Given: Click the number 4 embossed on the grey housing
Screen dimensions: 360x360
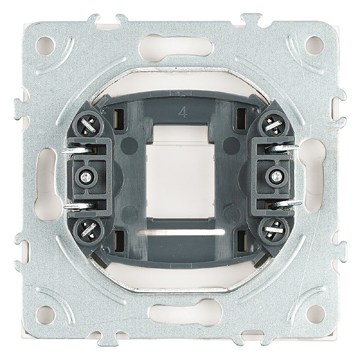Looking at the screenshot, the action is point(182,113).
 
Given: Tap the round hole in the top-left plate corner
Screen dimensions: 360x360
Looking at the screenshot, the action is point(45,46).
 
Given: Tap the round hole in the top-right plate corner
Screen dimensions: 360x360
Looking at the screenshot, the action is point(314,45).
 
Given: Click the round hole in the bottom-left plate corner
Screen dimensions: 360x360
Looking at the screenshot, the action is point(46,315).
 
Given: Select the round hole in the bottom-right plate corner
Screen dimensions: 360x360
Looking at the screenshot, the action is point(316,314).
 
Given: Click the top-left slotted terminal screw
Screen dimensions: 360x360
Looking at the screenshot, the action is point(88,126).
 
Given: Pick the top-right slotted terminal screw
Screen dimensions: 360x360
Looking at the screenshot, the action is point(273,124).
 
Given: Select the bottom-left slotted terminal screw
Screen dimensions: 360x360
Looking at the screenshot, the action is point(88,230).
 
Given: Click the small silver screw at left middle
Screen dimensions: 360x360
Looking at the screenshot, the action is point(85,177).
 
